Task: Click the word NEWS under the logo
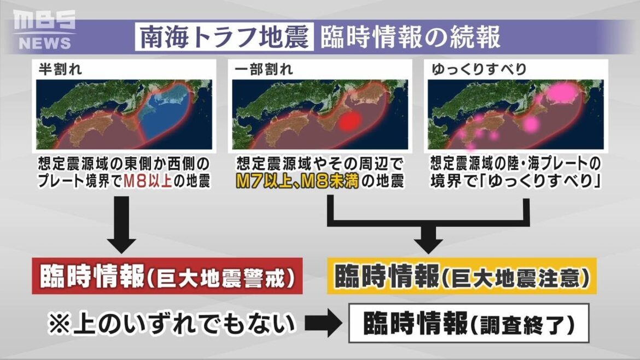click(45, 43)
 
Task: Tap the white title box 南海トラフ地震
click(224, 37)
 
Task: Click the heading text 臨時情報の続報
click(410, 37)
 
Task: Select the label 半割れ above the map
click(57, 69)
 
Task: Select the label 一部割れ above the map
click(263, 69)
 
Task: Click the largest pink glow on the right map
click(558, 93)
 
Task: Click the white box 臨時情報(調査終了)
click(469, 324)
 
